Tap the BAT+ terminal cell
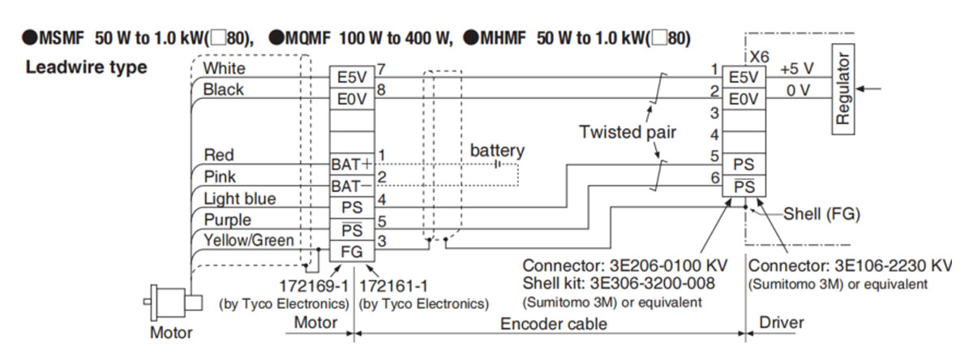coord(350,163)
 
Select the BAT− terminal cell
coord(350,185)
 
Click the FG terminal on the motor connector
coord(350,251)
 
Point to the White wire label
coord(224,68)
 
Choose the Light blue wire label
coord(239,199)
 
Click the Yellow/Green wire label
coord(248,240)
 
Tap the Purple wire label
coord(228,220)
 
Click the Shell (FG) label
coord(821,215)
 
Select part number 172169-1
coord(315,286)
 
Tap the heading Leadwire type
coord(87,67)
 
